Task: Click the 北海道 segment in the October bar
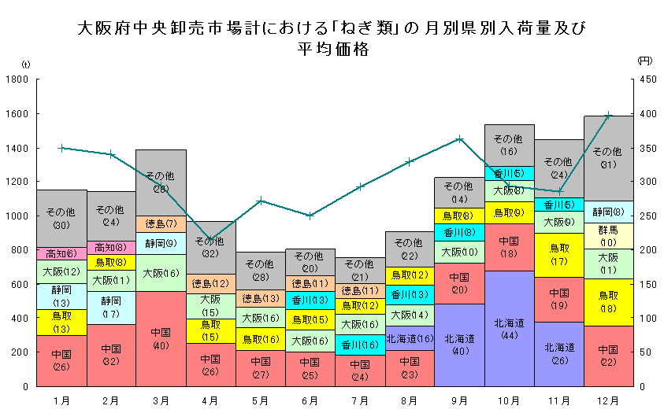pos(510,328)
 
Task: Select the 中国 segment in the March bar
pos(161,338)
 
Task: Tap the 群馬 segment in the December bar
pos(608,236)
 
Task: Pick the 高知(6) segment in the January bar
pos(61,253)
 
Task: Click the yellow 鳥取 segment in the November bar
pos(559,255)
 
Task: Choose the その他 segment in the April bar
pos(210,247)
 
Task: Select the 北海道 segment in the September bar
pos(459,345)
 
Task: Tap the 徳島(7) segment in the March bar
pos(161,223)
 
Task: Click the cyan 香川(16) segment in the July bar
pos(360,345)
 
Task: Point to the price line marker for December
pos(608,115)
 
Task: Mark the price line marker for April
pos(210,239)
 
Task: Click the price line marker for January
pos(61,148)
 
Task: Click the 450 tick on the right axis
pos(646,79)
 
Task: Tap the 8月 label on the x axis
pos(410,400)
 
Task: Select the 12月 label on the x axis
pos(608,400)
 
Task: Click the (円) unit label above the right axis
pos(644,61)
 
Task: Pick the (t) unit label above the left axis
pos(26,64)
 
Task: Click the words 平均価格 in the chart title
pos(332,49)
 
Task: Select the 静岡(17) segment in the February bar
pos(111,308)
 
